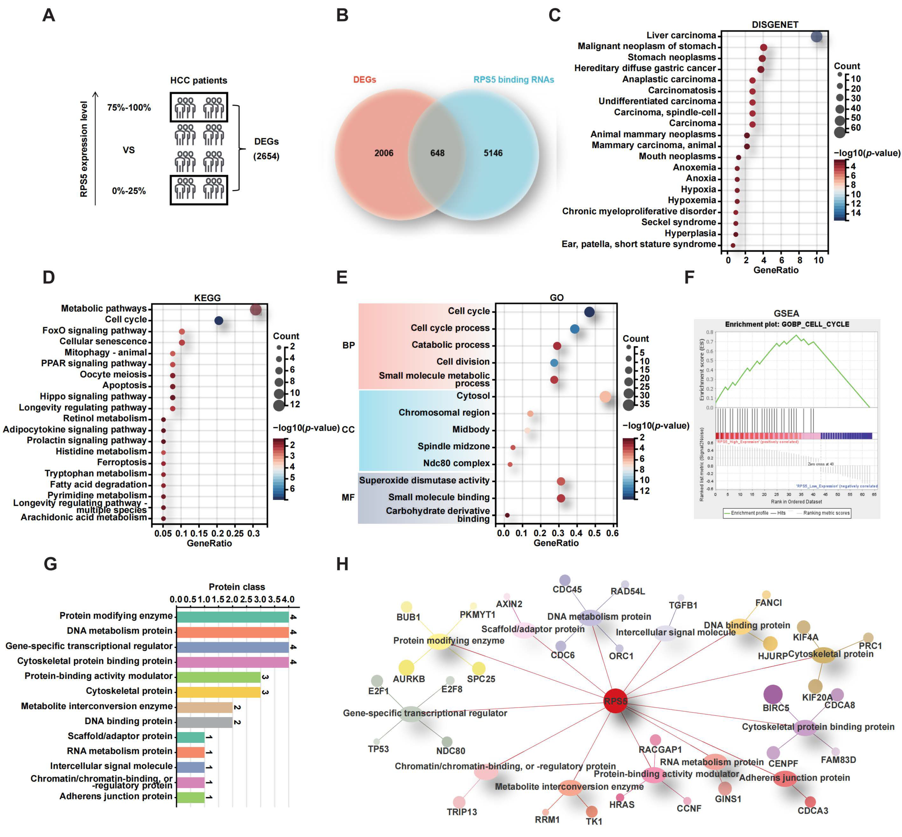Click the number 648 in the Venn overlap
[437, 153]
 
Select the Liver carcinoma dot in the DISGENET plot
[817, 37]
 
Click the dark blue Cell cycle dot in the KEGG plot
[219, 321]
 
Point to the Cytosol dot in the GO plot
[605, 397]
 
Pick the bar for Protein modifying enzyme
[232, 617]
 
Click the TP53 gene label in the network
[378, 749]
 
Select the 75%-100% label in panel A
[129, 108]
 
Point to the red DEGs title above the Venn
[364, 80]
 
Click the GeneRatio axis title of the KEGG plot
[209, 543]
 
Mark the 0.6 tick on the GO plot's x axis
[612, 533]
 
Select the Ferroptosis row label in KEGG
[122, 463]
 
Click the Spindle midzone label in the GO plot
[453, 447]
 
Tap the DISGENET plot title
[775, 24]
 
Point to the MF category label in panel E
[348, 497]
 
